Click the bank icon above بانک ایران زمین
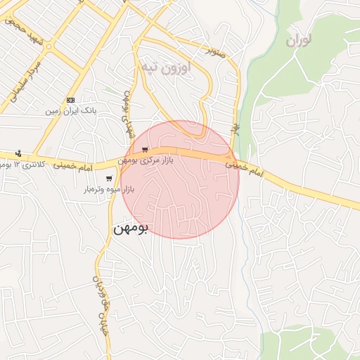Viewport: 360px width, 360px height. [x=70, y=100]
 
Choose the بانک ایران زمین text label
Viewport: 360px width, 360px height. [x=70, y=111]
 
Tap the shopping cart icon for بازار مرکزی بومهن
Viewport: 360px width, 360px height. [x=145, y=150]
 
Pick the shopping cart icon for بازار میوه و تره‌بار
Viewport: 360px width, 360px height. [x=109, y=179]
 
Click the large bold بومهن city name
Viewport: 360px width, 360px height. [x=130, y=229]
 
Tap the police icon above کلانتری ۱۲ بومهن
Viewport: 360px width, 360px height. [x=18, y=153]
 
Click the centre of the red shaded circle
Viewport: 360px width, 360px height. [x=180, y=180]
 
